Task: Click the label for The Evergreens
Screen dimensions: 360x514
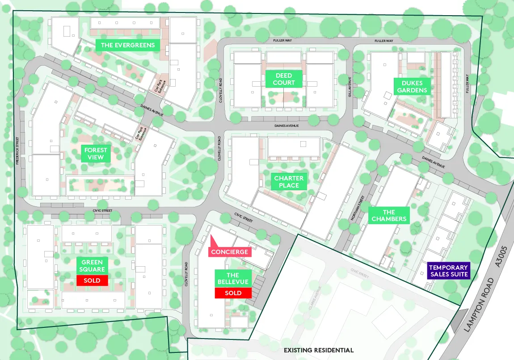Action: coord(128,45)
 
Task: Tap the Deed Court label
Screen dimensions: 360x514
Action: coord(284,79)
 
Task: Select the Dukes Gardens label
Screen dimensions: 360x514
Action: coord(412,87)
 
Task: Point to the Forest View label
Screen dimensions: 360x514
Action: coord(96,154)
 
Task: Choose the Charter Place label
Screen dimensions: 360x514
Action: coord(289,182)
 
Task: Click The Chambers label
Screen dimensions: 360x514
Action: coord(389,215)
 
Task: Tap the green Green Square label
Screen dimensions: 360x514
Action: coord(92,266)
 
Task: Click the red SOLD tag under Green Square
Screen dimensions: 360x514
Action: coord(92,281)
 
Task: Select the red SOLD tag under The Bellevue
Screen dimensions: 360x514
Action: coord(233,293)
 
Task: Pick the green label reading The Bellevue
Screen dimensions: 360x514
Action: coord(233,279)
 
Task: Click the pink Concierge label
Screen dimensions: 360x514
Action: coord(229,251)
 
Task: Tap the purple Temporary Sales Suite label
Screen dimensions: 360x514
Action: coord(448,271)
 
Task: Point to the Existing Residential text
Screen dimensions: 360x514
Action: coord(319,350)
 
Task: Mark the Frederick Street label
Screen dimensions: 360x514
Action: coord(17,151)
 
